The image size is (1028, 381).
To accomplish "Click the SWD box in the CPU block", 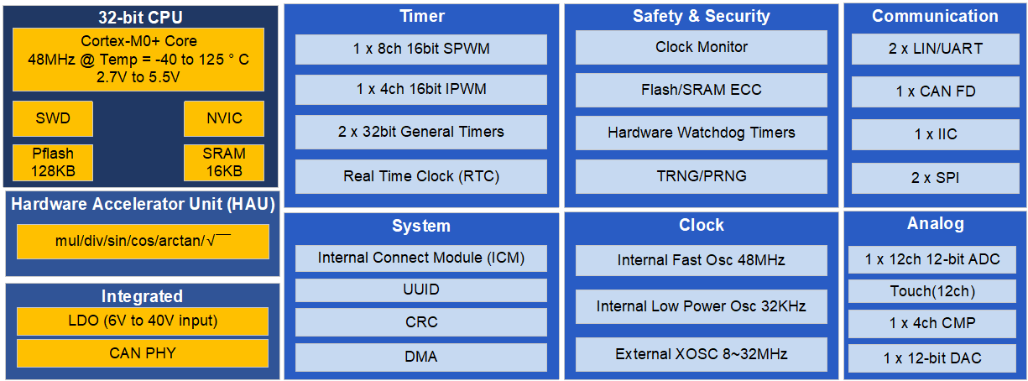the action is tap(53, 118).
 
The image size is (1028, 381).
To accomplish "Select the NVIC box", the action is tap(224, 118).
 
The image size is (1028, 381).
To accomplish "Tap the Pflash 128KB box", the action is tap(53, 163).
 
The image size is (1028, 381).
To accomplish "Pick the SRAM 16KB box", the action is tap(224, 163).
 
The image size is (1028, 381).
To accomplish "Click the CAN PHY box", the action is tap(143, 353).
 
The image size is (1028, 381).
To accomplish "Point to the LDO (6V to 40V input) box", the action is tap(143, 321).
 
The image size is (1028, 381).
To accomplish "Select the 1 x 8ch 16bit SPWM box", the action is tap(421, 50).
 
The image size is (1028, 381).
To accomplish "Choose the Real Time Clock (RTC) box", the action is tap(421, 176).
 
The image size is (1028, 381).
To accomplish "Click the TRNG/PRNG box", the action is tap(702, 176).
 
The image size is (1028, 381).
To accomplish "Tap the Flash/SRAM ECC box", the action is tap(702, 90).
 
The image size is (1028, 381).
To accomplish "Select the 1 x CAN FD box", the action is tap(936, 91).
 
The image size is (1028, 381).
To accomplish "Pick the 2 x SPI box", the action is tap(936, 178).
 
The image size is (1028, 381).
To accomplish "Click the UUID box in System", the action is tap(421, 290).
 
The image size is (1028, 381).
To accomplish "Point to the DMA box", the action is tap(421, 358).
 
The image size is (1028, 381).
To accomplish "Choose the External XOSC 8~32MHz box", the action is tap(702, 354).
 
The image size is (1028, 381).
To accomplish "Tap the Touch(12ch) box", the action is tap(932, 291).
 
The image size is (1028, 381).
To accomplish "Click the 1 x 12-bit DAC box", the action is tap(932, 358).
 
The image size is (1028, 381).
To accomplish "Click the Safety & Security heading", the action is tap(702, 16).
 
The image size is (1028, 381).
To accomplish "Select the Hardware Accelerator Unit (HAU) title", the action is tap(143, 204).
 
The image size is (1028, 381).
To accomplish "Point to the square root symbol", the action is tap(219, 240).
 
